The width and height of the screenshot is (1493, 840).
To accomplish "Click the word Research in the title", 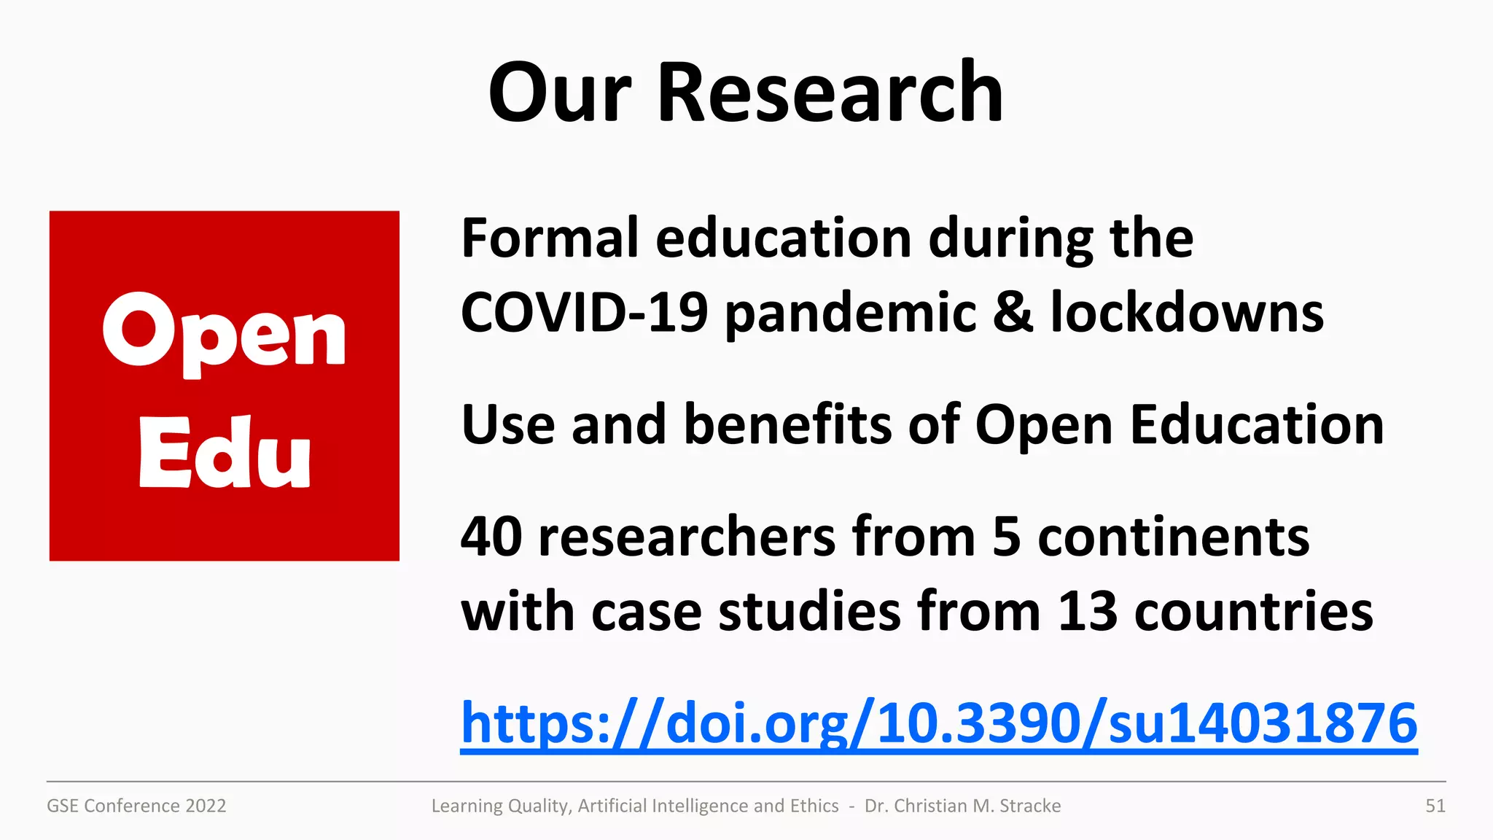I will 830,93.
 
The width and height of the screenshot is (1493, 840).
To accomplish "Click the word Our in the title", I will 559,93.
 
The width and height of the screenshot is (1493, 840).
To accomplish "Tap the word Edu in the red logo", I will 224,453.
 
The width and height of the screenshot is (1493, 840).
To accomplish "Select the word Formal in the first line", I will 550,238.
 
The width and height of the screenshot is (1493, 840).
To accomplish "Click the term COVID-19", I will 584,313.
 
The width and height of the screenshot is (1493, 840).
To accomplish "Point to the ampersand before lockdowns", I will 1013,313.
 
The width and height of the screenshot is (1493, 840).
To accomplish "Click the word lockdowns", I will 1187,313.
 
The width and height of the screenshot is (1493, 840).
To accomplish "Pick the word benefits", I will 787,425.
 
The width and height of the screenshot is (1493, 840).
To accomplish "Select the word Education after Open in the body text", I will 1256,425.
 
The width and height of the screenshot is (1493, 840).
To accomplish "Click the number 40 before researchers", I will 491,537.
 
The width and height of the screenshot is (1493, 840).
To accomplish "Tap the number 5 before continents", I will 1006,537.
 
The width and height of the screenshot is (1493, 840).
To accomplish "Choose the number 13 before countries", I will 1087,611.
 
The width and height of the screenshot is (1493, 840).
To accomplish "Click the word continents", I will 1173,537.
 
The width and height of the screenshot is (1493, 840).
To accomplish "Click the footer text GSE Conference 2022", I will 136,806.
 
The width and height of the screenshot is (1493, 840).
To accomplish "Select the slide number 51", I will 1435,806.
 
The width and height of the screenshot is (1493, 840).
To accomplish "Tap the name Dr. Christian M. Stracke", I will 962,806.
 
